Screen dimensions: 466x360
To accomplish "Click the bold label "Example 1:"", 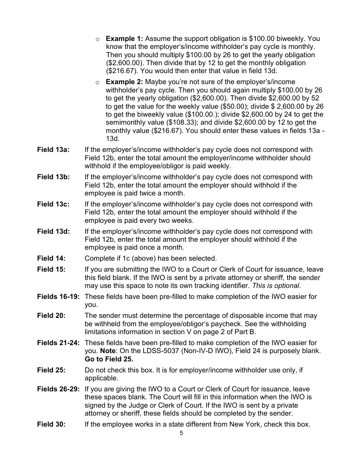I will pos(124,39).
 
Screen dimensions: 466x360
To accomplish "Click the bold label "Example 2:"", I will pos(124,82).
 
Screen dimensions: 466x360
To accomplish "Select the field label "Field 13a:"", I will pos(53,150).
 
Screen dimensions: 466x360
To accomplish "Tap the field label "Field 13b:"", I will pos(53,177).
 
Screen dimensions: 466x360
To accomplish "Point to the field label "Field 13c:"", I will pos(53,204).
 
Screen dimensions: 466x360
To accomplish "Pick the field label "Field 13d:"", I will pos(53,231).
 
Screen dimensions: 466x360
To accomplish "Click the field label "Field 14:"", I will pos(51,258).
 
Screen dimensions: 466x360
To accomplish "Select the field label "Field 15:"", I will pos(51,269).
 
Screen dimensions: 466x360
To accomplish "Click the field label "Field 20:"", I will pos(51,316).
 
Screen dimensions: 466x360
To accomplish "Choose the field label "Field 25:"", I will pos(51,370).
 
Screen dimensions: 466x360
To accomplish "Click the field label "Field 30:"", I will pos(51,424).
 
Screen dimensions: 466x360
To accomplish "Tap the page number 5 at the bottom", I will pos(181,433).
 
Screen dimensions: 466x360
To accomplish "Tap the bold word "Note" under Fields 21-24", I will pos(108,351).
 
